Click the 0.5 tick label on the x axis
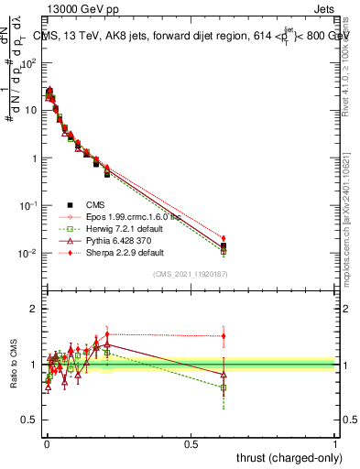coord(191,442)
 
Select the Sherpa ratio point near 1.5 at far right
coord(223,336)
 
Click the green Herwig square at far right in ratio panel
coord(223,387)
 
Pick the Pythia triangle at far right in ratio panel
coord(223,374)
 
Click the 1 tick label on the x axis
coord(335,442)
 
